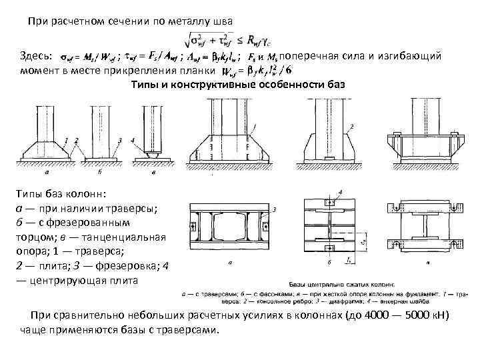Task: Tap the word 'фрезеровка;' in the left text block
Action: [x=127, y=265]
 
